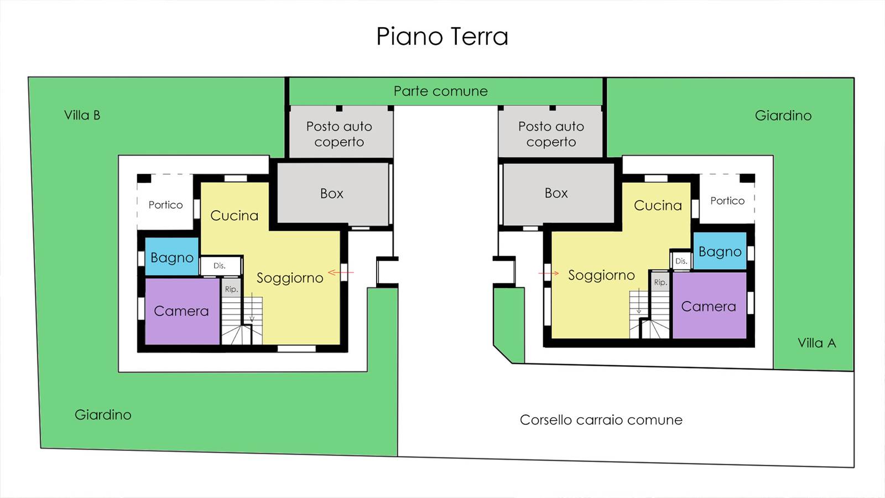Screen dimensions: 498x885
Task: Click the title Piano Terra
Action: [442, 37]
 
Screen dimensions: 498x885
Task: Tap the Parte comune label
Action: [440, 91]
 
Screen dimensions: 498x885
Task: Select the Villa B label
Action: [82, 115]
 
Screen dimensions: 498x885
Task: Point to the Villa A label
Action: [816, 343]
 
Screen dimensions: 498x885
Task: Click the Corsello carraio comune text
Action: [601, 420]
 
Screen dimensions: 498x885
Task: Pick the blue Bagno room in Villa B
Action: [171, 257]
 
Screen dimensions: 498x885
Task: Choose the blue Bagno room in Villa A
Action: [720, 251]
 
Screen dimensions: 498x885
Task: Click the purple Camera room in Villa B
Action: [181, 311]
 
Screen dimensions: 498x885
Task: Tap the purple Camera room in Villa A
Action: [709, 306]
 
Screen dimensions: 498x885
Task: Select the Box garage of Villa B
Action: [332, 193]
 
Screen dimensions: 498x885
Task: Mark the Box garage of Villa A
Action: [556, 193]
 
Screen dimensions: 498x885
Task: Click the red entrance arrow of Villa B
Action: [341, 272]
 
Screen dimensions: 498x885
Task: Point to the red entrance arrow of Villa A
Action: [549, 273]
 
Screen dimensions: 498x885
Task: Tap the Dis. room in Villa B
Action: [220, 266]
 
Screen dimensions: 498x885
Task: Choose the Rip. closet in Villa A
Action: [660, 282]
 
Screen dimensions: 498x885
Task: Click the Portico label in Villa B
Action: [165, 205]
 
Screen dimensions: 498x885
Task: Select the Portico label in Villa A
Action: [727, 201]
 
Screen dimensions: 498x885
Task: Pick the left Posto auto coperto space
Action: [339, 134]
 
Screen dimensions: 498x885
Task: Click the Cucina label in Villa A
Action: [658, 205]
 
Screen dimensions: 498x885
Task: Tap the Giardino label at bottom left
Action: [103, 415]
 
